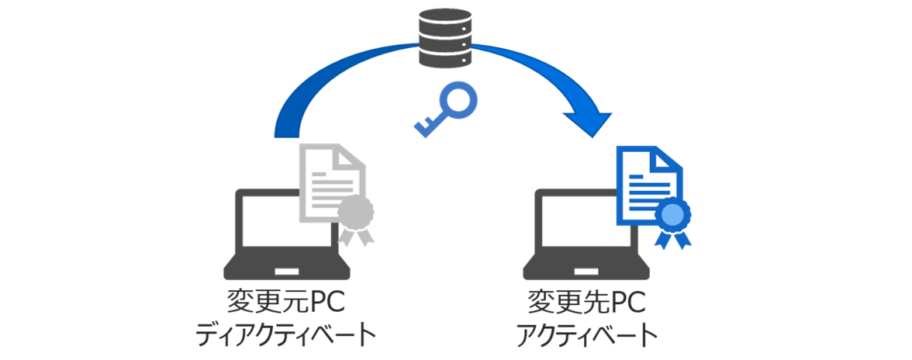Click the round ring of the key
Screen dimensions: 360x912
click(x=457, y=102)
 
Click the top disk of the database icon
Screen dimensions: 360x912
click(x=444, y=18)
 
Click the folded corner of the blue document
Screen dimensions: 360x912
click(x=668, y=159)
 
